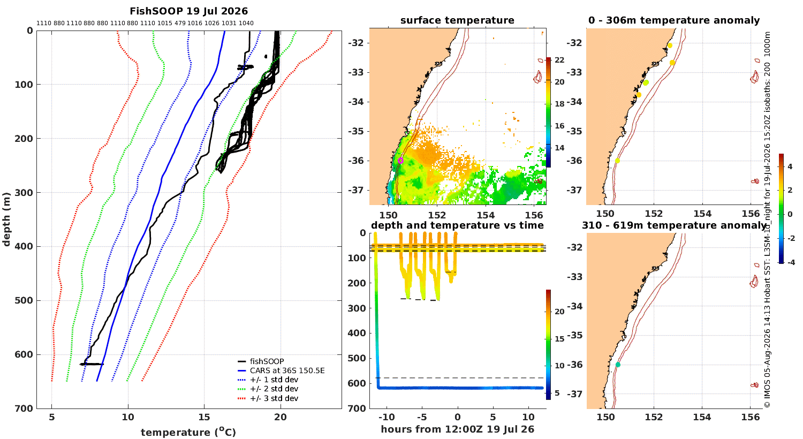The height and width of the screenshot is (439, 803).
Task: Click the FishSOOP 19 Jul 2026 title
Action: (188, 11)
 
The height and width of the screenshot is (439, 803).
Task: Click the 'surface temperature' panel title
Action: (457, 20)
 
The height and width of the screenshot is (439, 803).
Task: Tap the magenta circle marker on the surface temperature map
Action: (400, 161)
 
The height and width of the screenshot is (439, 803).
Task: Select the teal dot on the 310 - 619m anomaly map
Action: (618, 365)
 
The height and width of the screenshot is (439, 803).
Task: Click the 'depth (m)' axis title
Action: (6, 219)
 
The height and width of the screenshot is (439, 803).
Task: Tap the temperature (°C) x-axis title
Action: (188, 432)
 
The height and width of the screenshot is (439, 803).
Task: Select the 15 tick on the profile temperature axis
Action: (204, 417)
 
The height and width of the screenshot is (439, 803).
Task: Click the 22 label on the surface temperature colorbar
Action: (559, 60)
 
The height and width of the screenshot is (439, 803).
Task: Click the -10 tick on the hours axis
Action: (387, 417)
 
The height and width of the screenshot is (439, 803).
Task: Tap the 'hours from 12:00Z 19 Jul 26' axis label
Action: (457, 429)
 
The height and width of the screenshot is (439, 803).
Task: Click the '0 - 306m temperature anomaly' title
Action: (674, 20)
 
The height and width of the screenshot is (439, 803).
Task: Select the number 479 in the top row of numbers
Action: (180, 23)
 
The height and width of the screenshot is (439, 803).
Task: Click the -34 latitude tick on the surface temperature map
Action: (355, 102)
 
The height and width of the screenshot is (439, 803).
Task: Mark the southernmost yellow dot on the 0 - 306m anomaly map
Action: (617, 161)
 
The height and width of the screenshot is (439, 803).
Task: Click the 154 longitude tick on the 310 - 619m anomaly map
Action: (702, 417)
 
